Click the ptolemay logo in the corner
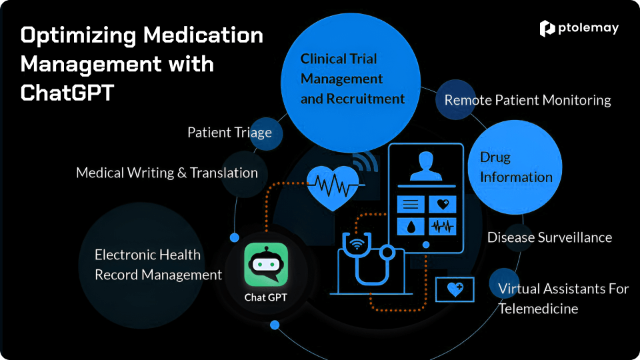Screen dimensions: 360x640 point(579,28)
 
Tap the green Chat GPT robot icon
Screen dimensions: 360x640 point(266,265)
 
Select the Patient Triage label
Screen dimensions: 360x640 point(229,132)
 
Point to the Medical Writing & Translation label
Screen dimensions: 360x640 point(167,173)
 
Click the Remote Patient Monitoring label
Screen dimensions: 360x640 point(527,100)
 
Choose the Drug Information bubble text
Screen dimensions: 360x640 point(516,167)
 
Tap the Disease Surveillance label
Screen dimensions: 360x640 point(549,237)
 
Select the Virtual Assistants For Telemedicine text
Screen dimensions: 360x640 point(563,299)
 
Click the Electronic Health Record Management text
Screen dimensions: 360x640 point(158,265)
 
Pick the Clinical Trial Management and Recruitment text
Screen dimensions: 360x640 point(352,79)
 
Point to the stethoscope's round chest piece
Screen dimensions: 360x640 point(386,253)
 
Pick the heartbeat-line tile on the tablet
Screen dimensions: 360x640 point(442,226)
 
